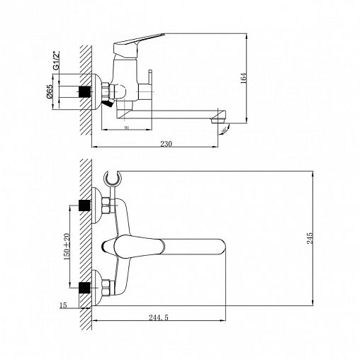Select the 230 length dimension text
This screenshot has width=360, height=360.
[167, 144]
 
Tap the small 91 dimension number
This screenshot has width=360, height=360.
[126, 128]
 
